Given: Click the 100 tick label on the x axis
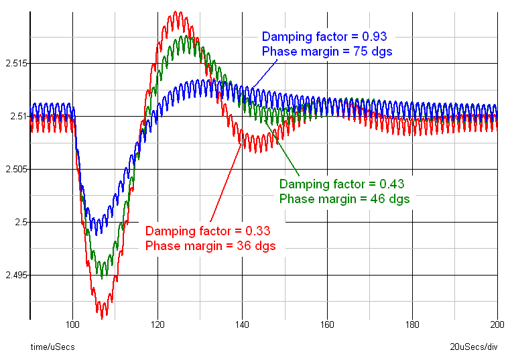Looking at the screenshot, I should (72, 326).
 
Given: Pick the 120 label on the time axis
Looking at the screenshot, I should (157, 326).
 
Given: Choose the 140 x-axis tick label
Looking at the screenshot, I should (243, 326).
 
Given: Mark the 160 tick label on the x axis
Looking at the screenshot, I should (328, 326).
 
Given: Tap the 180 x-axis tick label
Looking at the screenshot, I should (413, 326).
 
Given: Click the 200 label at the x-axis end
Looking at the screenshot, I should (497, 326).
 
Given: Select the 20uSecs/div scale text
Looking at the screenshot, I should (474, 347).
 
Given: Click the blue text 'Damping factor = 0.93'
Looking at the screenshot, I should (324, 36).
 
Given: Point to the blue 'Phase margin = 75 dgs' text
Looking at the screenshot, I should (327, 51).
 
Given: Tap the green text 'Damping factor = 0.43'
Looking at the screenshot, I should (342, 184).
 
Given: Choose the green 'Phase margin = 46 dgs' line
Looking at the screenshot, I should (344, 198).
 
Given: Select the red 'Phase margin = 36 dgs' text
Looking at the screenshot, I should (210, 246).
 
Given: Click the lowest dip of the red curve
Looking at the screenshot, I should (102, 317).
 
